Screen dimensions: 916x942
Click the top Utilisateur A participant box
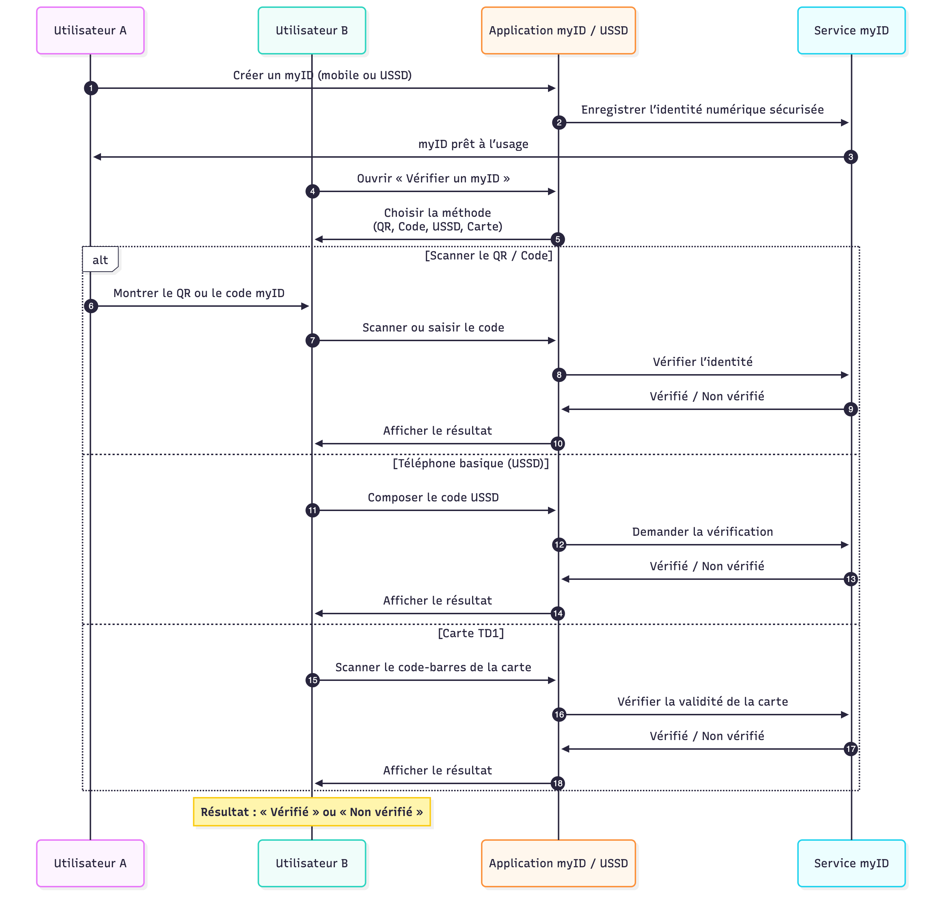point(90,30)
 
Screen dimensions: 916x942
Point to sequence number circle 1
point(91,88)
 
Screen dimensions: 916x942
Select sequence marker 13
point(850,579)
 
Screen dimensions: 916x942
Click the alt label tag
point(100,260)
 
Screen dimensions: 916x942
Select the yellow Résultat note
point(312,812)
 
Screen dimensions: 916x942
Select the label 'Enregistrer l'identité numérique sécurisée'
point(702,109)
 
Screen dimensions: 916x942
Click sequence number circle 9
point(850,409)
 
